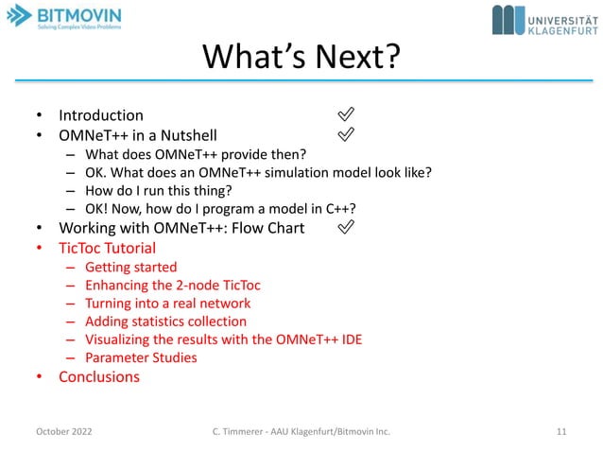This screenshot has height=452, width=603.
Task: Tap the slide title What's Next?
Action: (x=301, y=59)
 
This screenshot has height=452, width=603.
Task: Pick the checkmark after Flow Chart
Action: (x=345, y=227)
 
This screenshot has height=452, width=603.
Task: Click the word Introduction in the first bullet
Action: (x=101, y=115)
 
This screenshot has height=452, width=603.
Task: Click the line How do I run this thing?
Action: (x=159, y=190)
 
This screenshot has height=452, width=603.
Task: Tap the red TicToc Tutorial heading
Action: (x=112, y=248)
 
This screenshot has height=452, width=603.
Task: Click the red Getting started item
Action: (x=130, y=267)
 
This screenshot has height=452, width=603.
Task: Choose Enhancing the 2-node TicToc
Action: (x=173, y=285)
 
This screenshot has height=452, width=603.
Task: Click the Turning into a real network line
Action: (x=167, y=304)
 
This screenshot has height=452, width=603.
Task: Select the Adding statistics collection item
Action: (x=165, y=322)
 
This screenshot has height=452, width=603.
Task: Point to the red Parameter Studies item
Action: (x=141, y=358)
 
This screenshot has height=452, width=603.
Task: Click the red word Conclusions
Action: (x=99, y=376)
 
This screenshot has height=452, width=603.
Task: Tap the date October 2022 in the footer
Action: (x=64, y=432)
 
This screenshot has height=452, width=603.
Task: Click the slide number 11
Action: (x=561, y=432)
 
